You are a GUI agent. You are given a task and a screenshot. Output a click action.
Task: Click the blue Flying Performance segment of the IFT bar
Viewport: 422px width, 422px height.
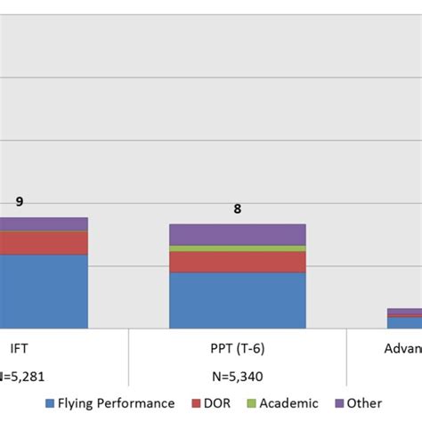(44, 291)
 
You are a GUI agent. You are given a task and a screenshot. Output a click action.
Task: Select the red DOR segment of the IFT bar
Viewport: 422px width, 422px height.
(44, 243)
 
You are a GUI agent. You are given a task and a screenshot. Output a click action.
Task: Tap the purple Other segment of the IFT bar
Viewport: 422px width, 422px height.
(44, 223)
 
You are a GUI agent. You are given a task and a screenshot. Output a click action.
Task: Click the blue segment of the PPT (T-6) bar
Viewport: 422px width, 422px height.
(237, 300)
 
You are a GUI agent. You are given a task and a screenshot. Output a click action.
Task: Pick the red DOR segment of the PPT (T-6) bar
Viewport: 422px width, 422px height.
(237, 262)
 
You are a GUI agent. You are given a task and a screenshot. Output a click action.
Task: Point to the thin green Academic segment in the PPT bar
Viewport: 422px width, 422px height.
(237, 248)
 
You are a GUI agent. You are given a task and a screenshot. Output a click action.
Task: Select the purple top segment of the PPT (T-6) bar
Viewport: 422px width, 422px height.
(237, 234)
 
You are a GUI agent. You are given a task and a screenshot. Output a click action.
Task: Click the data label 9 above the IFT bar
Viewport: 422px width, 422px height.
(20, 202)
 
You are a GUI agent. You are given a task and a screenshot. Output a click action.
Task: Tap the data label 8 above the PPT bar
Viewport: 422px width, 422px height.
(238, 209)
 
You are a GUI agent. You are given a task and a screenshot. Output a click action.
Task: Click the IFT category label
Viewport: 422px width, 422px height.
(18, 348)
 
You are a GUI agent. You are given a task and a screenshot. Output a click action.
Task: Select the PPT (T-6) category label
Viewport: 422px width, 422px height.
(237, 348)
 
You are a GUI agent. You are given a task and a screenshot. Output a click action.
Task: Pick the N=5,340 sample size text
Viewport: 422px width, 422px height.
(237, 376)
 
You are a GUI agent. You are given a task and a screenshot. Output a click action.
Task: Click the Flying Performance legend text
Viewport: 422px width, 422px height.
(117, 403)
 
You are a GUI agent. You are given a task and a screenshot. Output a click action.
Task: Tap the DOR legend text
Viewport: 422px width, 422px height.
(215, 403)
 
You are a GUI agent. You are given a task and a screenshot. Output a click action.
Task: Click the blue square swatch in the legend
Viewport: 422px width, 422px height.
(50, 403)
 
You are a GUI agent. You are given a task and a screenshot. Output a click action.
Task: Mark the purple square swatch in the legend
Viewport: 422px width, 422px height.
(339, 403)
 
